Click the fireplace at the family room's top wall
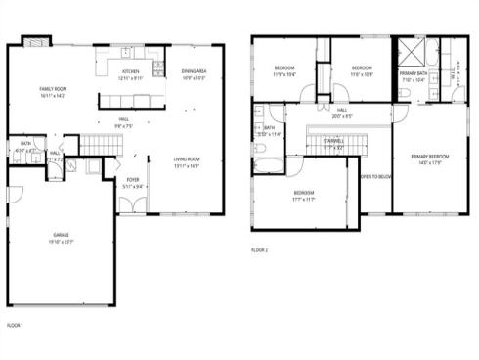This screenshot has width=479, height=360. (36, 42)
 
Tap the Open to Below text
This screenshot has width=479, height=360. (376, 176)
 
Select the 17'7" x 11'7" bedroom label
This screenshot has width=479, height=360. (304, 194)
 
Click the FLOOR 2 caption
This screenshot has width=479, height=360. (259, 250)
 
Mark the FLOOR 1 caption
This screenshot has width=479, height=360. (14, 324)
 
